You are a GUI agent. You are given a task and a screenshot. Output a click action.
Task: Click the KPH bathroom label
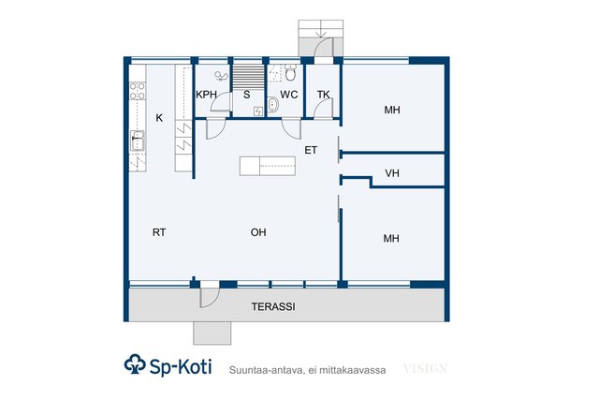(x=206, y=95)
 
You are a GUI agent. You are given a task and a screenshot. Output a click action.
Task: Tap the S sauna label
(x=247, y=95)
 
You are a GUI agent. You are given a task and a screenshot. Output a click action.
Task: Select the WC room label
(x=289, y=95)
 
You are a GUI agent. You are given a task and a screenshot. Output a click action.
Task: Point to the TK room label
(x=323, y=95)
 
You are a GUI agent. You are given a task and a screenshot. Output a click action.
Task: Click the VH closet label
(x=392, y=173)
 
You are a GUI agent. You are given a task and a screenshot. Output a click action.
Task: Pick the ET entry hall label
(x=311, y=150)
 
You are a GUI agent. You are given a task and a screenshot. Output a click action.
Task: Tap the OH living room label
(x=258, y=232)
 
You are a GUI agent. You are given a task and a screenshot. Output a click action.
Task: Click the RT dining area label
(x=159, y=232)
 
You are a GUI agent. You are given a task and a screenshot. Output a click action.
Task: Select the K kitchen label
(x=159, y=118)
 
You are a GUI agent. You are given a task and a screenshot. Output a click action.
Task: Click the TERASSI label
(x=273, y=306)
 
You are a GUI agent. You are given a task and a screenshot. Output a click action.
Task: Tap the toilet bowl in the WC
(x=290, y=73)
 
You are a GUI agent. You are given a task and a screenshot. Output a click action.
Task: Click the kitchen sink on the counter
(x=138, y=141)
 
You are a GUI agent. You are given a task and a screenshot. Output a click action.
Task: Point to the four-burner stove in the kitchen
(x=138, y=91)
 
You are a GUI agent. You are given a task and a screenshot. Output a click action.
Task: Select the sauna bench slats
(x=248, y=77)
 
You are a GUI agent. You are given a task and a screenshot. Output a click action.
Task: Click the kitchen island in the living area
(x=268, y=166)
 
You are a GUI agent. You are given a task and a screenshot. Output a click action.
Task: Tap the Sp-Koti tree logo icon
(x=135, y=364)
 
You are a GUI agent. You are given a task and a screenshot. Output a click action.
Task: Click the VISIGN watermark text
(x=425, y=369)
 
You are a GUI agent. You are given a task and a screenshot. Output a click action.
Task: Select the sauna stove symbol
(x=258, y=111)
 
